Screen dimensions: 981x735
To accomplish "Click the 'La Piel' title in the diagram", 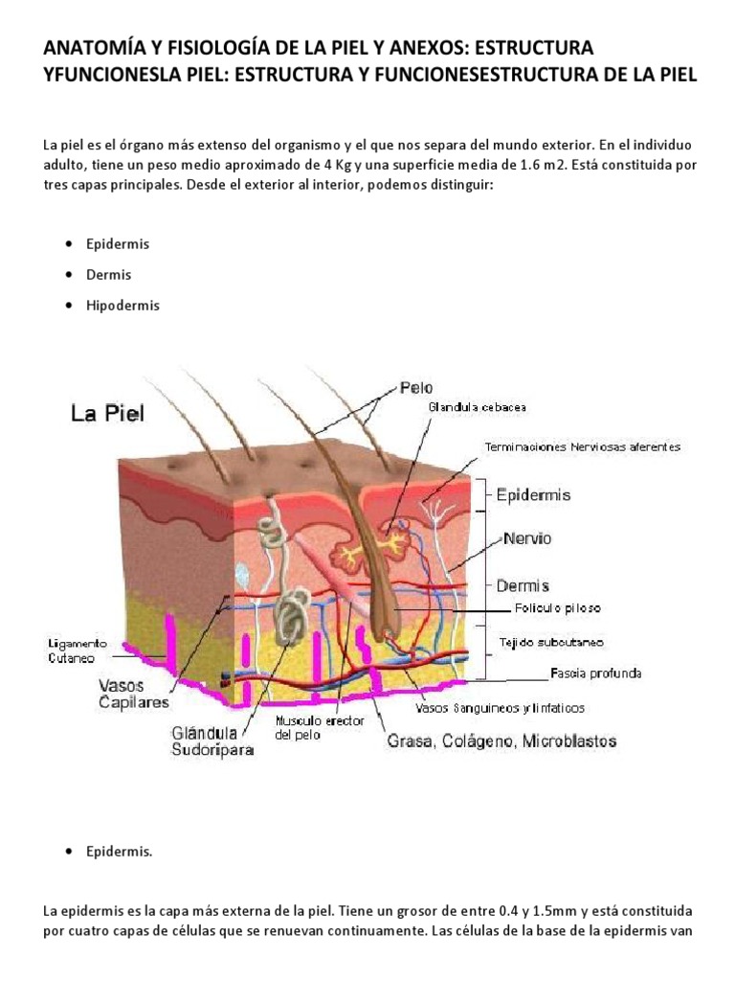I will point(107,414).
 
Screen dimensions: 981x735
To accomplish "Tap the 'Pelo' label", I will point(416,388).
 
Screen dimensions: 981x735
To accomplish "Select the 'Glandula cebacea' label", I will point(476,407).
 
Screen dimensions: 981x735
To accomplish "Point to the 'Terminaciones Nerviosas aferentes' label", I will point(583,446).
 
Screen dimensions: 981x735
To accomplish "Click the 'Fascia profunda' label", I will point(595,673).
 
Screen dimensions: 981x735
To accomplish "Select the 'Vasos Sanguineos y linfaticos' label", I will point(499,709).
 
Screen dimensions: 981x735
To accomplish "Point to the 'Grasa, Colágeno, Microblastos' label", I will point(501,741).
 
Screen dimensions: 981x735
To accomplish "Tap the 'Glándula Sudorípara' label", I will point(212,742).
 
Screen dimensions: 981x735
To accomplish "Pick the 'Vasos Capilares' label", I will point(134,694).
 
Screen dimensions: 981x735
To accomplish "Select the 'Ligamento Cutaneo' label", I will point(77,650).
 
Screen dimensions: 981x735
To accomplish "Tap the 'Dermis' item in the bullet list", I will point(108,275).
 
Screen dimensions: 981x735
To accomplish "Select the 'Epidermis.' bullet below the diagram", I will point(119,851).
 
